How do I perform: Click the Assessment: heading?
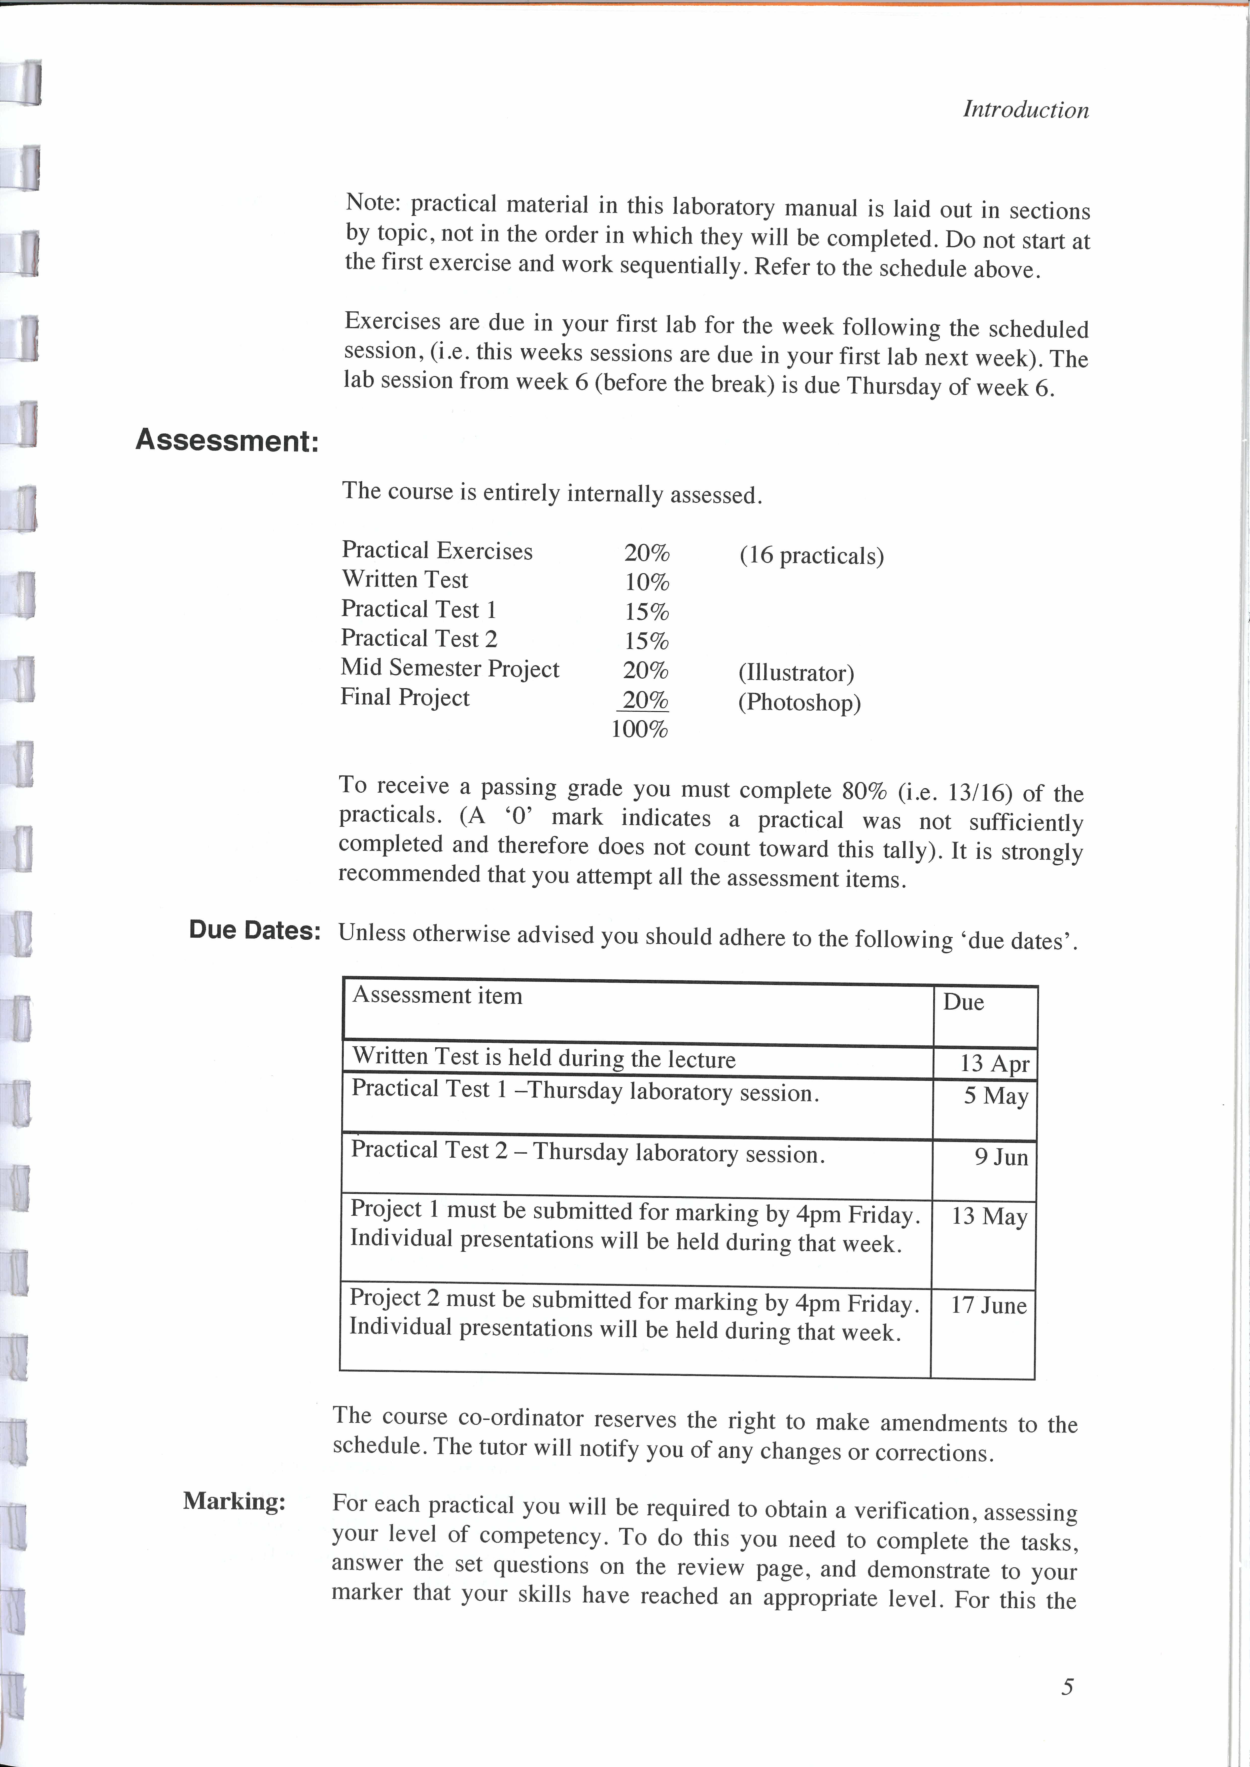point(227,441)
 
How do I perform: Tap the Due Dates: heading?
point(255,931)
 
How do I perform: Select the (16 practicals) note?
point(811,556)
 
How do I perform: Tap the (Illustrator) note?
point(796,673)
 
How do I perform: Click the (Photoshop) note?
point(799,703)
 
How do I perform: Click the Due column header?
point(963,1003)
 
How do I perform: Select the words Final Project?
point(405,698)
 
